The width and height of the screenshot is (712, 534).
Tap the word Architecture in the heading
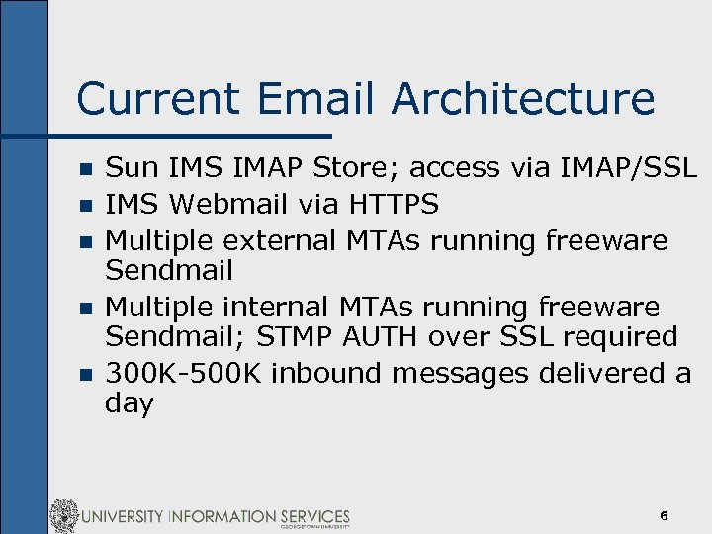523,99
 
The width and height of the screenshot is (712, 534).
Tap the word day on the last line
129,403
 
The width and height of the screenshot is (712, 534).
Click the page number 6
664,516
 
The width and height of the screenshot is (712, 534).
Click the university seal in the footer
64,516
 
